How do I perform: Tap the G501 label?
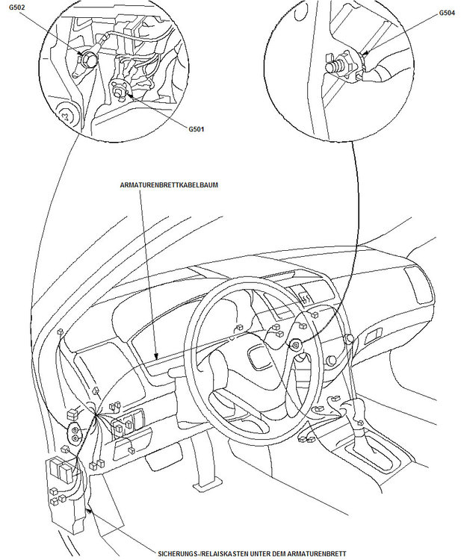pos(197,128)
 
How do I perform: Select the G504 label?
pos(447,13)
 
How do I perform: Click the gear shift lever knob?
pos(348,409)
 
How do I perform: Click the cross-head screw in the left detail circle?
pos(69,116)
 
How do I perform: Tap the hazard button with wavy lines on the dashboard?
pos(305,296)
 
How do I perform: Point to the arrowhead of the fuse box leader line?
pos(90,508)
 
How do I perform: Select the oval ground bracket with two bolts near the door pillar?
pos(75,431)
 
